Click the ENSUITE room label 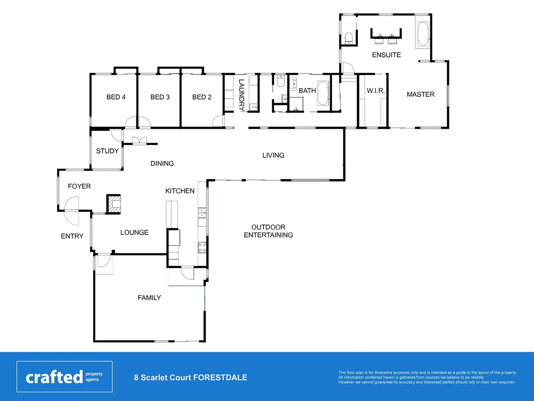pyautogui.click(x=386, y=55)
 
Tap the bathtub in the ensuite pyautogui.click(x=423, y=34)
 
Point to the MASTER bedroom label pyautogui.click(x=420, y=94)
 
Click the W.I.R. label pyautogui.click(x=376, y=91)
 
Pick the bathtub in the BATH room pyautogui.click(x=323, y=93)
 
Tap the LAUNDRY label pyautogui.click(x=241, y=95)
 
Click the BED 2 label pyautogui.click(x=202, y=97)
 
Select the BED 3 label pyautogui.click(x=160, y=97)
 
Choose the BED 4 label pyautogui.click(x=116, y=97)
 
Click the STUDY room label pyautogui.click(x=107, y=151)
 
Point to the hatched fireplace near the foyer pyautogui.click(x=114, y=204)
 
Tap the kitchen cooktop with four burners pyautogui.click(x=202, y=247)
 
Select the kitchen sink pyautogui.click(x=202, y=213)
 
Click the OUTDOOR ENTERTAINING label pyautogui.click(x=268, y=231)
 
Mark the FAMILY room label pyautogui.click(x=149, y=298)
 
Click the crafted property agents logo pyautogui.click(x=64, y=377)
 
